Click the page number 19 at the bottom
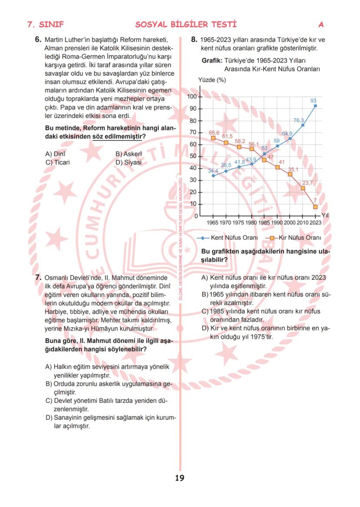pyautogui.click(x=180, y=478)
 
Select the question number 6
pyautogui.click(x=38, y=40)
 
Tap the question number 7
pyautogui.click(x=38, y=276)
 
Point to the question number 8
pyautogui.click(x=194, y=40)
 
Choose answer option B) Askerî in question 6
pyautogui.click(x=129, y=154)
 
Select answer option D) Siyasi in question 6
pyautogui.click(x=129, y=162)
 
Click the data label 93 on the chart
pyautogui.click(x=313, y=100)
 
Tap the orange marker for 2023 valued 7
pyautogui.click(x=316, y=207)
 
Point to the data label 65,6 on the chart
pyautogui.click(x=214, y=133)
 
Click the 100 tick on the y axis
pyautogui.click(x=193, y=96)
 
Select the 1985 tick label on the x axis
pyautogui.click(x=264, y=222)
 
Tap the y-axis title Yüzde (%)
pyautogui.click(x=212, y=80)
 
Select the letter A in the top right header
pyautogui.click(x=321, y=24)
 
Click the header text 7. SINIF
pyautogui.click(x=45, y=24)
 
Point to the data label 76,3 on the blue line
pyautogui.click(x=299, y=120)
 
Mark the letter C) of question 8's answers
pyautogui.click(x=205, y=311)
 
